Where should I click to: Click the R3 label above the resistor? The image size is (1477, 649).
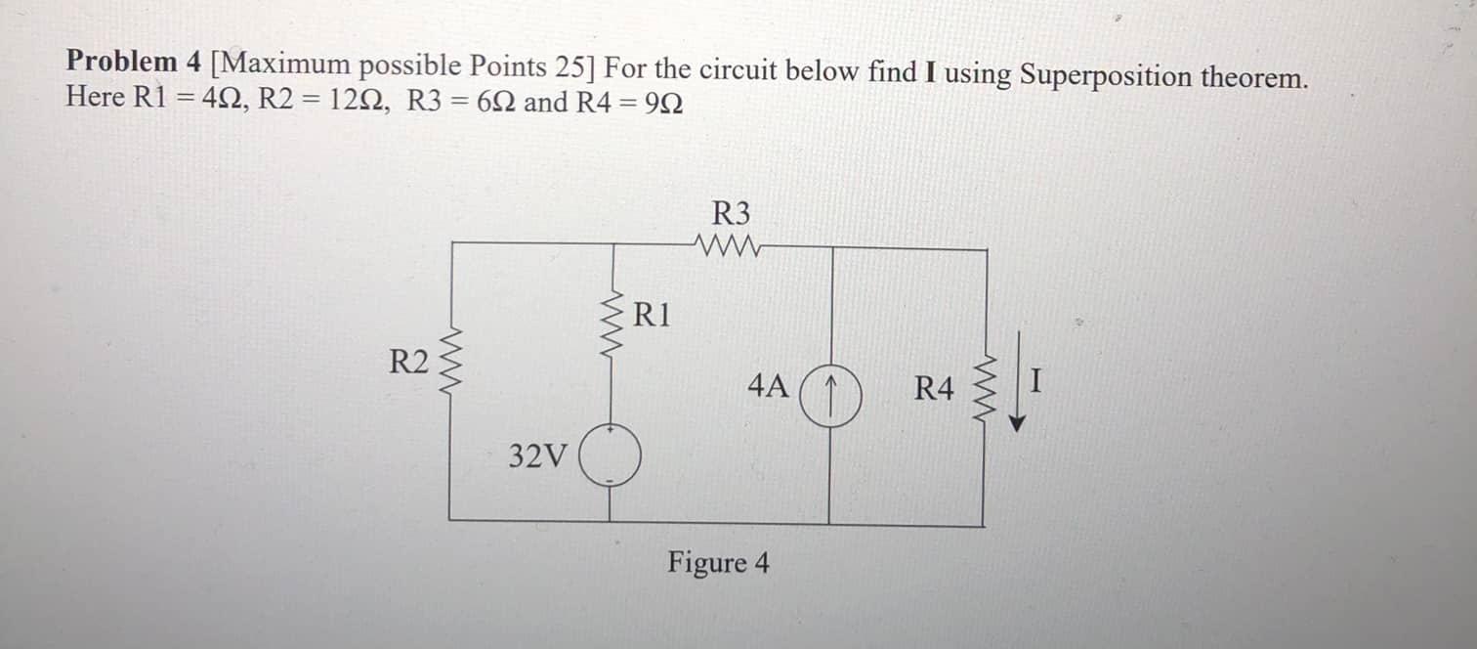point(733,213)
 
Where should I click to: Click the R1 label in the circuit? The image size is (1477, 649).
point(653,316)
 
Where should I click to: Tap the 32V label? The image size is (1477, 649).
point(537,455)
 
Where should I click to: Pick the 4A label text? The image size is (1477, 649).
point(768,386)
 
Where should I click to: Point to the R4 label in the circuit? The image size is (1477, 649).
point(933,389)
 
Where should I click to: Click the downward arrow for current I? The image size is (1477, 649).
point(1019,381)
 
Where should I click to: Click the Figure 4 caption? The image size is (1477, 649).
point(718,563)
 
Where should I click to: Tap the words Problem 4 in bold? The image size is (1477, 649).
point(134,62)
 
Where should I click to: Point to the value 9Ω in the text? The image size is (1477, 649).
point(663,102)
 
